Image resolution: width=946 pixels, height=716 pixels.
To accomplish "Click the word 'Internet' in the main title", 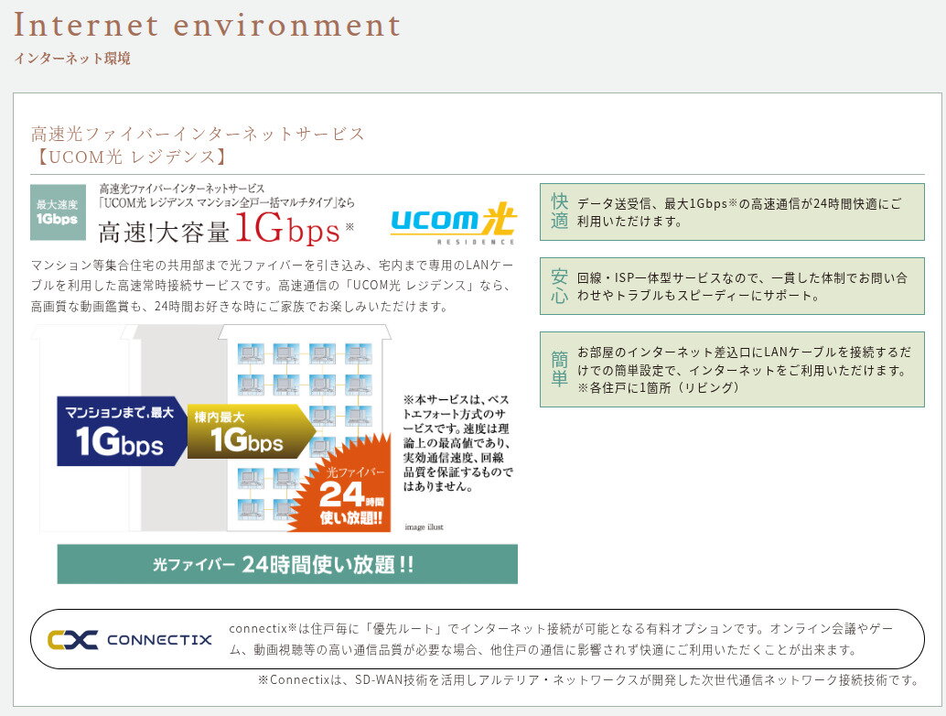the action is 86,25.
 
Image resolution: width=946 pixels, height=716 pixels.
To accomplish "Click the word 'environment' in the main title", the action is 286,25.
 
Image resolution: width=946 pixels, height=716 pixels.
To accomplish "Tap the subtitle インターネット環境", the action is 71,59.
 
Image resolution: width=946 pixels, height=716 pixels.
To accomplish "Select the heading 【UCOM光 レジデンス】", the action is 130,157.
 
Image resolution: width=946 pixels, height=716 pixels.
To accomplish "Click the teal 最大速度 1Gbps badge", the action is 58,212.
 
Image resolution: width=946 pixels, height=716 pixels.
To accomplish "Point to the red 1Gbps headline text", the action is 288,229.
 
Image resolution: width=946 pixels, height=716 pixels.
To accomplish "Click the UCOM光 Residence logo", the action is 454,222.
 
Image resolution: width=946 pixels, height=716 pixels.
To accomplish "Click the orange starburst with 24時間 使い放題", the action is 345,486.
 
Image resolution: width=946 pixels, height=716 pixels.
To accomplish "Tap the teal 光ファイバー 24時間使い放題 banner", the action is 287,564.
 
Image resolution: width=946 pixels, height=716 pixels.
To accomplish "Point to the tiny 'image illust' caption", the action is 424,527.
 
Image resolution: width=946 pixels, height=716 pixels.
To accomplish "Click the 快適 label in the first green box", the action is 559,212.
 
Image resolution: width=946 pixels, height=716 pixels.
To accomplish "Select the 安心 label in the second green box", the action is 559,287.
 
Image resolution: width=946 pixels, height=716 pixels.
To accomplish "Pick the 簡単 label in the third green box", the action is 559,369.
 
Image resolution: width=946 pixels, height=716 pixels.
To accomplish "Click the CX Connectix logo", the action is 130,639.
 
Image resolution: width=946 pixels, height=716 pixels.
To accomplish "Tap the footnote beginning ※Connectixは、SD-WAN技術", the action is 588,679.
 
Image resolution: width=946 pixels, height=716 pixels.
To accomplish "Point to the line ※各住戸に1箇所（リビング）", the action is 658,387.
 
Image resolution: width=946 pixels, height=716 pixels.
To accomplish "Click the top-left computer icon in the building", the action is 251,354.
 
